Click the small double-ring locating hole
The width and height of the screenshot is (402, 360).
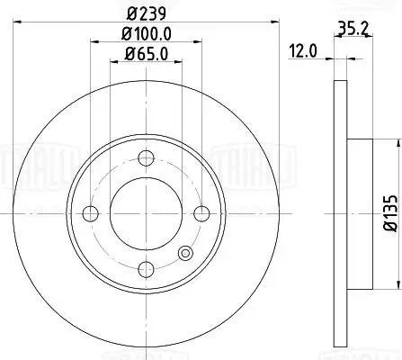(186, 254)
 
